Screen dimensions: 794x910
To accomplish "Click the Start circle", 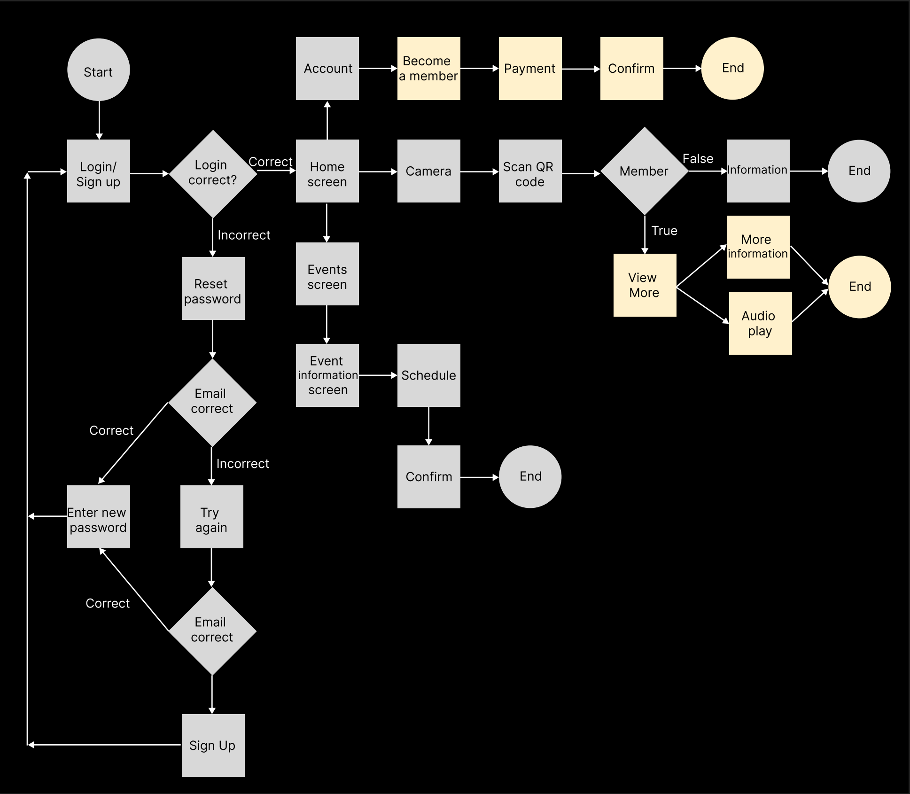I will [x=98, y=70].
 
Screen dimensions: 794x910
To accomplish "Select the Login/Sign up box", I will [x=98, y=171].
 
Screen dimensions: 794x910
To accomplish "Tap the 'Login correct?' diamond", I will [x=213, y=173].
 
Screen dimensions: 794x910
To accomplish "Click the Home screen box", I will [x=327, y=171].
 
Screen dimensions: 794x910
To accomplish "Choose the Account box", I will [x=327, y=69].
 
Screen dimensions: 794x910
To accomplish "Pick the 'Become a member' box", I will [x=428, y=69].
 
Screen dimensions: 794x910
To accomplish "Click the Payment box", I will [x=530, y=69].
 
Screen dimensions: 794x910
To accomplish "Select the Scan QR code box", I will [x=530, y=171].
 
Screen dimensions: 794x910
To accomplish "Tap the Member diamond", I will [x=644, y=171].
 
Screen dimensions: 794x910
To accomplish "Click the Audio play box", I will [x=760, y=323].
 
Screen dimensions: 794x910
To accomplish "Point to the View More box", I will [x=645, y=285].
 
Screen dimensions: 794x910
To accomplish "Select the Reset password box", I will [x=213, y=288].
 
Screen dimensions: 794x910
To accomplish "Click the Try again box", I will [x=211, y=517].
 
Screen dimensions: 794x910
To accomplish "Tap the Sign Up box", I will [x=213, y=746].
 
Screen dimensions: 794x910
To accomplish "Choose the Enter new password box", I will [x=98, y=517].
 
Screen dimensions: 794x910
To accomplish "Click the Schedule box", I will [x=428, y=375].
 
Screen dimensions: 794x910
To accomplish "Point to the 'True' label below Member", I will [x=664, y=231].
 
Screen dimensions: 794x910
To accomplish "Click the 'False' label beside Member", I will [x=698, y=159].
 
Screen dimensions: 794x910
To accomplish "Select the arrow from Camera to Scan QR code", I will [x=479, y=172].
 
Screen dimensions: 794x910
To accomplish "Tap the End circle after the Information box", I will [x=859, y=171].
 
